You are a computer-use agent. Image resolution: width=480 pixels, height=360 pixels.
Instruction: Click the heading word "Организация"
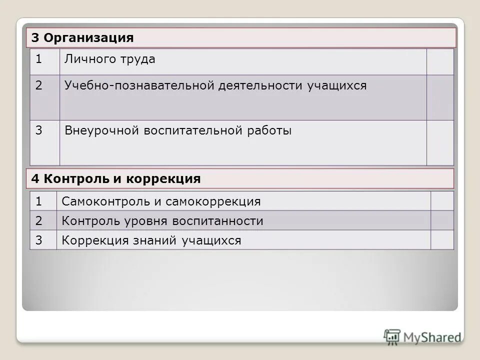coord(89,38)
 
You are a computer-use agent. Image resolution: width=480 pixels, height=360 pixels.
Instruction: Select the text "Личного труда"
coord(109,59)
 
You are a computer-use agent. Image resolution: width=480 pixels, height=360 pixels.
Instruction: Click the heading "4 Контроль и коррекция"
coord(116,179)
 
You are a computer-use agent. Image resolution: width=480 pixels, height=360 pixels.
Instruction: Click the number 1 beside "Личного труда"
coord(38,59)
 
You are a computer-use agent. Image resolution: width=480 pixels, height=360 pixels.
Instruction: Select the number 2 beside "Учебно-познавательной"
coord(38,86)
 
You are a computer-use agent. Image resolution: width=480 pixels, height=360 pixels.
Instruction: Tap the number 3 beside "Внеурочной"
coord(38,131)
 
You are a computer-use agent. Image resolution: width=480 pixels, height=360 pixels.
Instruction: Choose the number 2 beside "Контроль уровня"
coord(38,221)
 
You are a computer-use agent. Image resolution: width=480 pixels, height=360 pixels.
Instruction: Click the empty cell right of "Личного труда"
coord(440,62)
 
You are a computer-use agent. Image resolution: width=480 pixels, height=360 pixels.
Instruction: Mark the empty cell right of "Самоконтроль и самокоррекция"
coord(442,201)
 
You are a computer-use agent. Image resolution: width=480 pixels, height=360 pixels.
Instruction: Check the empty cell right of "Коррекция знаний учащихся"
coord(442,240)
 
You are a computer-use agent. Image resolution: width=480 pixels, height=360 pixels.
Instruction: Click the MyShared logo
coord(422,336)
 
